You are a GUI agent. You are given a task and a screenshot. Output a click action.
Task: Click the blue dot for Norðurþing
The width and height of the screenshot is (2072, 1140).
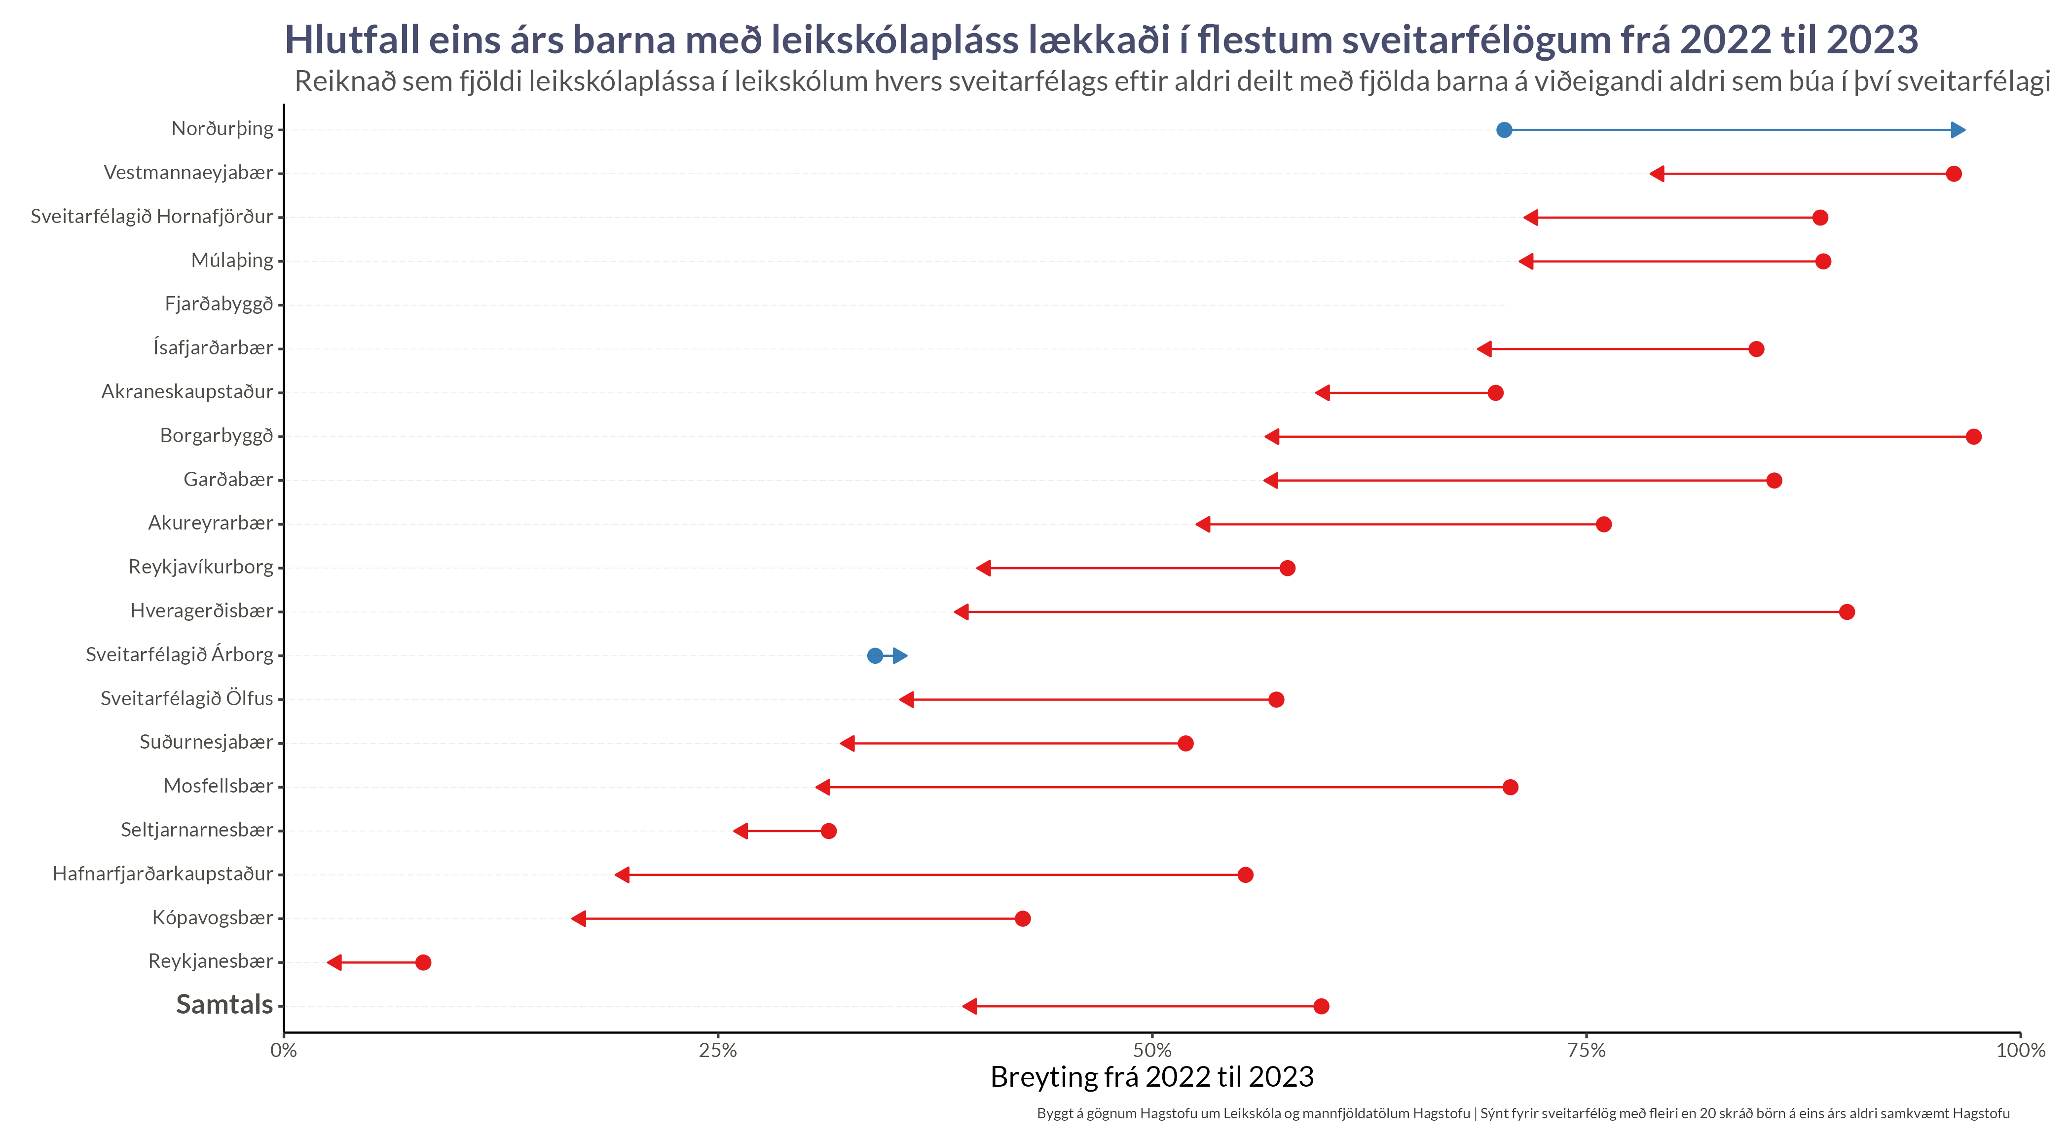point(1503,130)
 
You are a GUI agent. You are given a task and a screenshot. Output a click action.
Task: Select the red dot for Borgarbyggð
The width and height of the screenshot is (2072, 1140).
point(1973,437)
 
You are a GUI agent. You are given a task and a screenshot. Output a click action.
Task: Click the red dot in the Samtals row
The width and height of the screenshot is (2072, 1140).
point(1321,1006)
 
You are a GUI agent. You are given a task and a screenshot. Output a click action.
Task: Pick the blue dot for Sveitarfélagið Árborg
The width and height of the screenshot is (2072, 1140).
point(874,656)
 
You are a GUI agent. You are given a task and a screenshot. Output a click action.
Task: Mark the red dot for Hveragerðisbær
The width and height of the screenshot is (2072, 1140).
point(1847,612)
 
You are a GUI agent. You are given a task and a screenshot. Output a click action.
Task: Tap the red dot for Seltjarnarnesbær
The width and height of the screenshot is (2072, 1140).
point(828,831)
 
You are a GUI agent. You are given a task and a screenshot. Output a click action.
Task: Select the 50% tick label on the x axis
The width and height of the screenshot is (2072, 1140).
point(1152,1050)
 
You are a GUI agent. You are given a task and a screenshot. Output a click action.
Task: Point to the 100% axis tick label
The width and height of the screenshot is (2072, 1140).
point(2020,1050)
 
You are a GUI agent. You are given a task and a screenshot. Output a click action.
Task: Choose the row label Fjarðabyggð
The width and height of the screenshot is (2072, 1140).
point(219,304)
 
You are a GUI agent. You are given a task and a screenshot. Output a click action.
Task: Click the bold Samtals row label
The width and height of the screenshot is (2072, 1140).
point(224,1005)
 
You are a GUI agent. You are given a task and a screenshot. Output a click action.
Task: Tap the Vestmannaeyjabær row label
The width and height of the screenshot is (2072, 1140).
point(188,173)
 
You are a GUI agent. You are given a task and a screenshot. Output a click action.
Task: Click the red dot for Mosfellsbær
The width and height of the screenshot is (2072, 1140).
point(1510,787)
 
